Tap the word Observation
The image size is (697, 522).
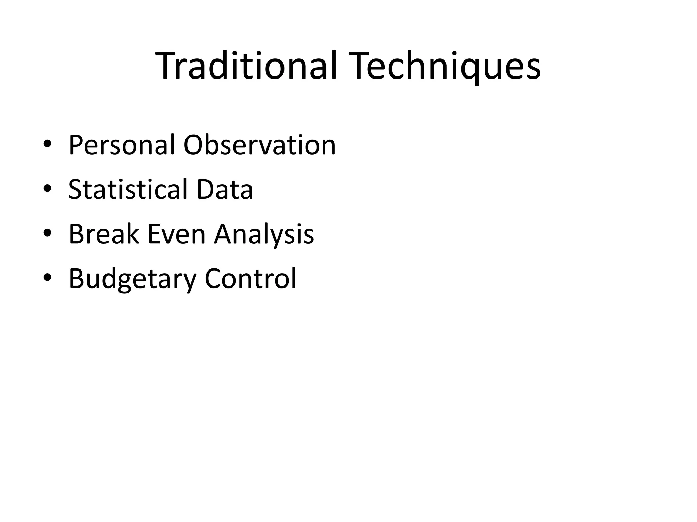pos(259,145)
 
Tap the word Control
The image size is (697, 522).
pos(250,279)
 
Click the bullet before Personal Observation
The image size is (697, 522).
pos(47,144)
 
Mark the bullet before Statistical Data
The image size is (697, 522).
pos(47,189)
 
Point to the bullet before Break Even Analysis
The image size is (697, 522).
pos(47,233)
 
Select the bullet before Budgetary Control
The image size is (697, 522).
pos(47,278)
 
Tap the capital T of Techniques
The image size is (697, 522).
pos(363,65)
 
